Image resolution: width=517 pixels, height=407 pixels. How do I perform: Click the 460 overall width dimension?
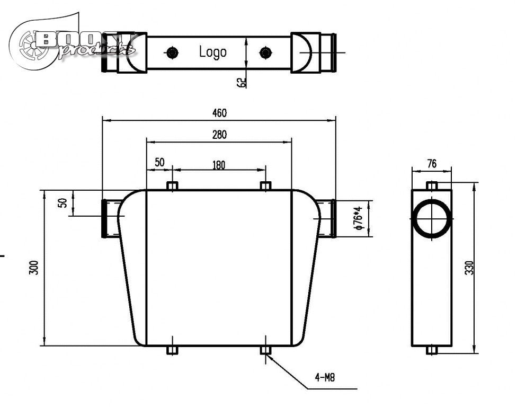(x=219, y=113)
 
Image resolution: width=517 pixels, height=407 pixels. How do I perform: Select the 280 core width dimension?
(x=219, y=135)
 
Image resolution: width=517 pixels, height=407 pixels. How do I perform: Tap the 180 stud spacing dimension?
(x=219, y=165)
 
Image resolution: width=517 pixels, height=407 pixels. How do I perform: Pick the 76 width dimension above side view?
(x=432, y=164)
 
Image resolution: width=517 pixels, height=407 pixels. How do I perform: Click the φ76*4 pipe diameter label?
(x=359, y=218)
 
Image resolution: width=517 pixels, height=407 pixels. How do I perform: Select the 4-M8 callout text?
(x=325, y=378)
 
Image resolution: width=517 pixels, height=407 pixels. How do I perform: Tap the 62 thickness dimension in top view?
(x=242, y=82)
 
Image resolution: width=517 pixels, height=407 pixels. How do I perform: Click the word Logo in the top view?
(x=212, y=52)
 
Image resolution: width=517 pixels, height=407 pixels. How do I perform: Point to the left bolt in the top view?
(x=171, y=52)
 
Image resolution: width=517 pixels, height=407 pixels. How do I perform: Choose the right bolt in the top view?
(x=265, y=52)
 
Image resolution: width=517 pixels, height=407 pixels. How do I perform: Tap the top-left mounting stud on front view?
(x=172, y=186)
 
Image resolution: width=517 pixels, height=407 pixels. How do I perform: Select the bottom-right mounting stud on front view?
(x=266, y=350)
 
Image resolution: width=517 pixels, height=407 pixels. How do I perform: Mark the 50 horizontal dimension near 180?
(x=159, y=163)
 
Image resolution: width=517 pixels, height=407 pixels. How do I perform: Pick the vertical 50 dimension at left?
(x=63, y=203)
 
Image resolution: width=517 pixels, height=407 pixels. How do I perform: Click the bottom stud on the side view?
(x=432, y=350)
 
